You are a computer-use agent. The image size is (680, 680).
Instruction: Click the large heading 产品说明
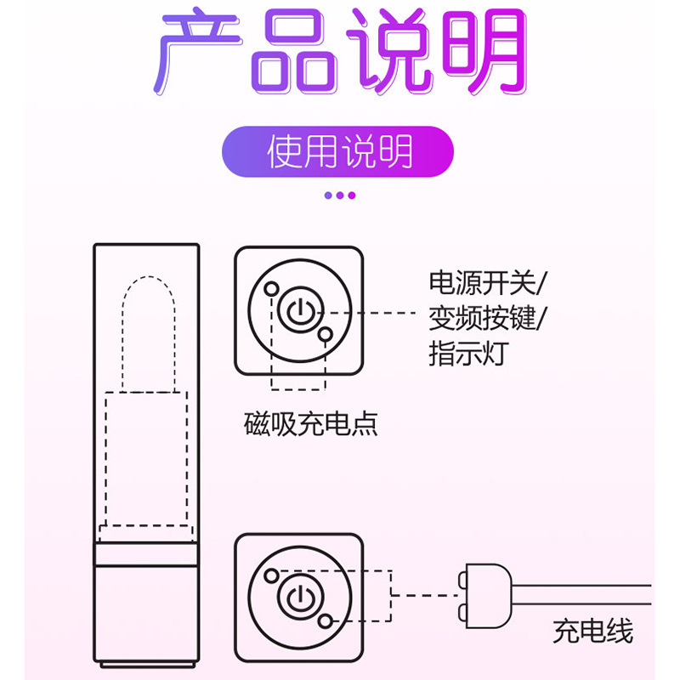(340, 53)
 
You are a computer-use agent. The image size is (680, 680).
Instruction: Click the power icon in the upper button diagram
(297, 312)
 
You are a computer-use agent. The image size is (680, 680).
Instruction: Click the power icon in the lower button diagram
(297, 597)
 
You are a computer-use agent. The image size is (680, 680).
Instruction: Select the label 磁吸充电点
(309, 422)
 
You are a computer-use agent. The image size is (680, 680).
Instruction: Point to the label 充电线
(592, 631)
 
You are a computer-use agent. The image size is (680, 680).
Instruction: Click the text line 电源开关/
(489, 280)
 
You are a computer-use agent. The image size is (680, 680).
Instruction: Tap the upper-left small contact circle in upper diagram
(270, 288)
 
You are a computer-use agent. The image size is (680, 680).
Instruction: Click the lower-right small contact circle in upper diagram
(325, 336)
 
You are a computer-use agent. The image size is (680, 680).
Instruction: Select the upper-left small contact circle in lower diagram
(270, 575)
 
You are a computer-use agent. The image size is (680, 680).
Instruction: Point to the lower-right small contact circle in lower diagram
(325, 621)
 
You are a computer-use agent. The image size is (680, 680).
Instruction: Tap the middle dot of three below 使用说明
(340, 195)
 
